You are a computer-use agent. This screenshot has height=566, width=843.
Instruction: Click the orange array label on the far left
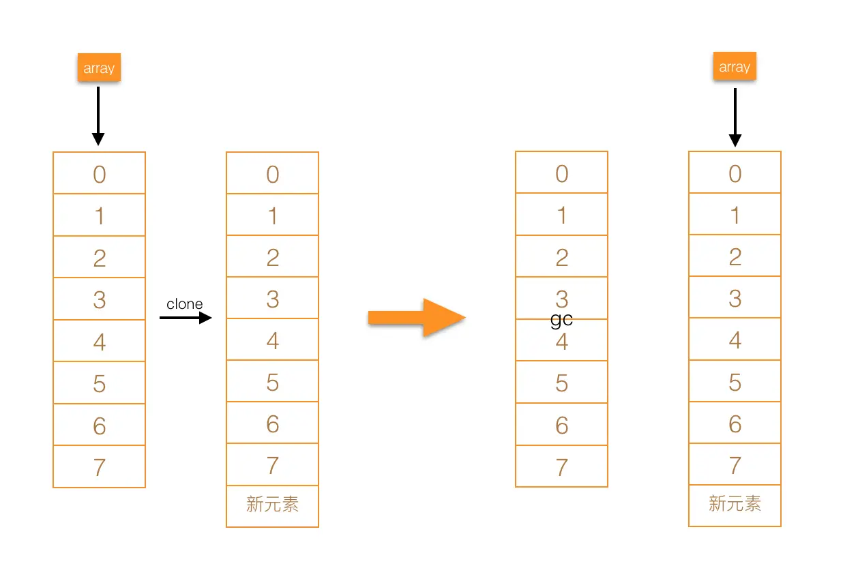pos(99,68)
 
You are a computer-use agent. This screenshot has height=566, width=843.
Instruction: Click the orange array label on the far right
pos(735,67)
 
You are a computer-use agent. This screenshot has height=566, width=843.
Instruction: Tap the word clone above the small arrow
pos(185,304)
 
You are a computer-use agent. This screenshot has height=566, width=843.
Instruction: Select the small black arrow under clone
pos(186,318)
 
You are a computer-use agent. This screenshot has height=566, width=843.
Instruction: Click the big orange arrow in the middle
pos(417,317)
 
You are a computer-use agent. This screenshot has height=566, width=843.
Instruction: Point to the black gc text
pos(561,319)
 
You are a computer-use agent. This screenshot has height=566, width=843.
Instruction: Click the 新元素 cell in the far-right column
pos(735,505)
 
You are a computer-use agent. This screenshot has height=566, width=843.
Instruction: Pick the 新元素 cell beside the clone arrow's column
pos(272,506)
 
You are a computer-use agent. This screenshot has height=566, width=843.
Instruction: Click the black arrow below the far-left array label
pos(98,115)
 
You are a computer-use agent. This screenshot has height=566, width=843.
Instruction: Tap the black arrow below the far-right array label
pos(735,116)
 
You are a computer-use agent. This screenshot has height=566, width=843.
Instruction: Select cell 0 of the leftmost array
pos(100,173)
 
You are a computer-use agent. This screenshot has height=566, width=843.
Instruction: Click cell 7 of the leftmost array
pos(100,467)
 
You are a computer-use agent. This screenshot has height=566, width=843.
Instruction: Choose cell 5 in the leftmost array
pos(100,383)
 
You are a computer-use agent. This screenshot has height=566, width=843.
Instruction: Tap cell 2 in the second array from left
pos(273,256)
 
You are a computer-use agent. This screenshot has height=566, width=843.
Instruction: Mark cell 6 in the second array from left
pos(273,423)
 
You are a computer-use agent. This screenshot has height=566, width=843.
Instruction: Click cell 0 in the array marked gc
pos(561,173)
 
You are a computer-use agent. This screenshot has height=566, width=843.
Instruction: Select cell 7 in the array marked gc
pos(561,466)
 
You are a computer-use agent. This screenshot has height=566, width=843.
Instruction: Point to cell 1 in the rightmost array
pos(735,214)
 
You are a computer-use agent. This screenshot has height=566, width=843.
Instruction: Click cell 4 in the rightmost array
pos(735,339)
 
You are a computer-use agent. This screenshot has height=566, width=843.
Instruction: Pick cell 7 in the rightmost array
pos(735,464)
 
